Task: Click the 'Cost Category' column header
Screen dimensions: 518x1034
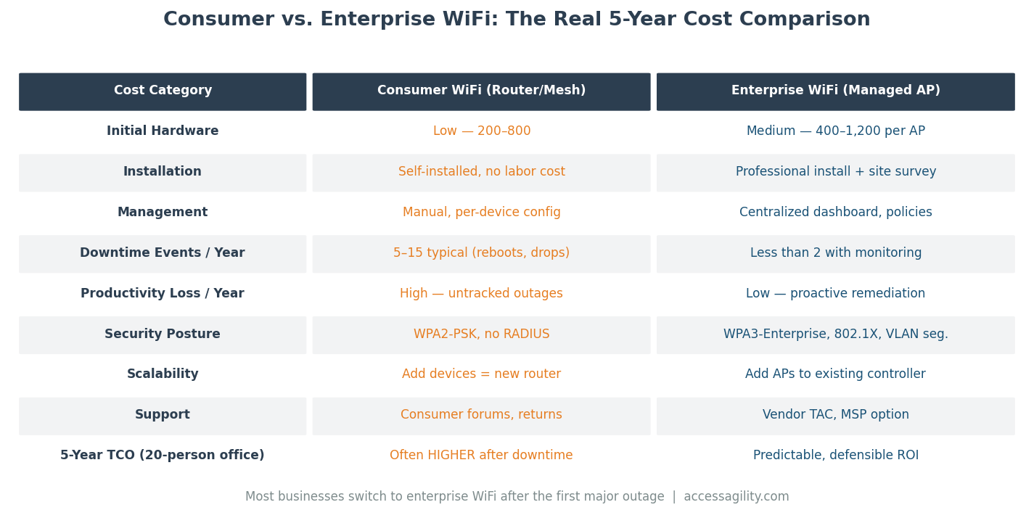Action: tap(163, 91)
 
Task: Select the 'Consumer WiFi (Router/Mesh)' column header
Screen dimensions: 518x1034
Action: tap(481, 91)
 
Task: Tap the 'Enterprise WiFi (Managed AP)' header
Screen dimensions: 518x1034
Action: tap(835, 91)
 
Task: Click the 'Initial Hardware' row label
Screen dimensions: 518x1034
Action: tap(163, 131)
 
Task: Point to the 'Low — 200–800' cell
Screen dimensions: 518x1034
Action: tap(481, 131)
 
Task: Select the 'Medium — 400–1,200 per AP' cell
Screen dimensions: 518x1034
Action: tap(835, 131)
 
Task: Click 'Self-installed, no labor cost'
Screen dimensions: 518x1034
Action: tap(481, 172)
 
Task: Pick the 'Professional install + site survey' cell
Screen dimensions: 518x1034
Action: tap(835, 172)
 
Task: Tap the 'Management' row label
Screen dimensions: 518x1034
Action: tap(163, 213)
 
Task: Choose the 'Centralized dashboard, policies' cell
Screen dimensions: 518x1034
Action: tap(835, 213)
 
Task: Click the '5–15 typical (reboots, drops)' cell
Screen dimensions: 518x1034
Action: tap(481, 253)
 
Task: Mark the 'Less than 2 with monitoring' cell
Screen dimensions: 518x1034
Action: tap(835, 253)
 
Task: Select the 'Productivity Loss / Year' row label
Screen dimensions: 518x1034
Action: tap(163, 294)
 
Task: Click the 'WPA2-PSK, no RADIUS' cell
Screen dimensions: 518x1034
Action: tap(481, 334)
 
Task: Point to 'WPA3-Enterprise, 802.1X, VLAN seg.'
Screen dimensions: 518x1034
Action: tap(835, 334)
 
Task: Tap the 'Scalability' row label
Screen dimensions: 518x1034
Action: tap(163, 374)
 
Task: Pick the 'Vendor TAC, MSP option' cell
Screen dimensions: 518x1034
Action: tap(835, 415)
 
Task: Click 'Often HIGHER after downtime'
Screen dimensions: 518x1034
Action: tap(481, 456)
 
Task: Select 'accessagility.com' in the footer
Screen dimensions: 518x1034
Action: tap(736, 497)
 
